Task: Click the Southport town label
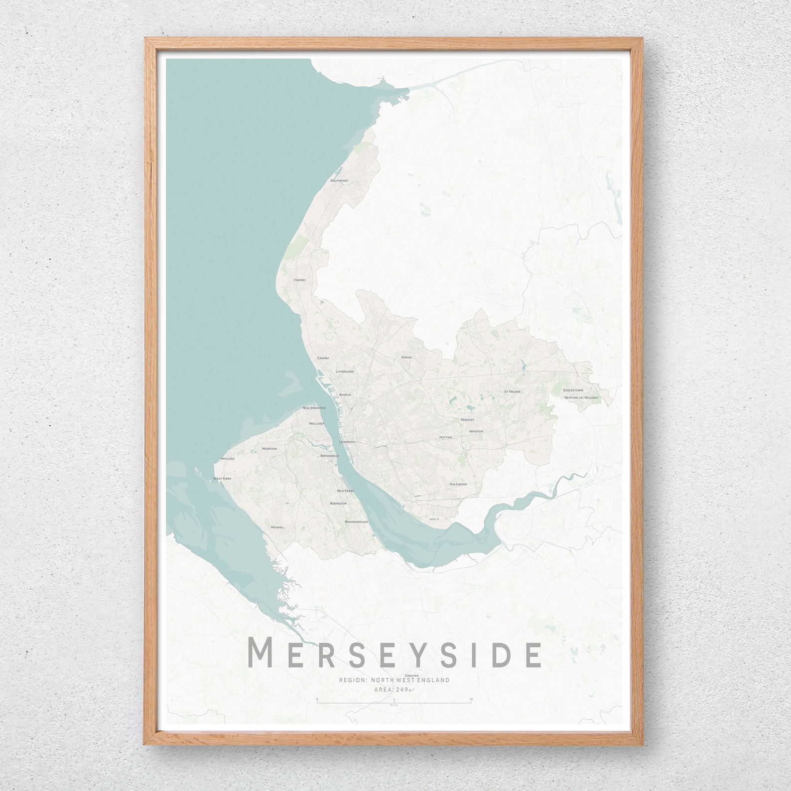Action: (x=339, y=180)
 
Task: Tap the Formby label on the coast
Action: (x=299, y=280)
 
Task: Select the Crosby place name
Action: (x=323, y=358)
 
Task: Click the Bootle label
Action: (x=345, y=395)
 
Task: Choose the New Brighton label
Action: (x=314, y=408)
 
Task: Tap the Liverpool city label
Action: (x=347, y=442)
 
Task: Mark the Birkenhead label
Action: (x=330, y=456)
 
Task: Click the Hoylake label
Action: (x=227, y=458)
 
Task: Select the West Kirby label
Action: (x=222, y=479)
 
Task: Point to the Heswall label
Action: (x=277, y=527)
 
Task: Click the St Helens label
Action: (x=512, y=392)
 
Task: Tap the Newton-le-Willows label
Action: (x=581, y=398)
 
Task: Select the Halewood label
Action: (x=458, y=484)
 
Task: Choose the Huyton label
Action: (x=445, y=437)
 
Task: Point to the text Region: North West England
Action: (x=394, y=331)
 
